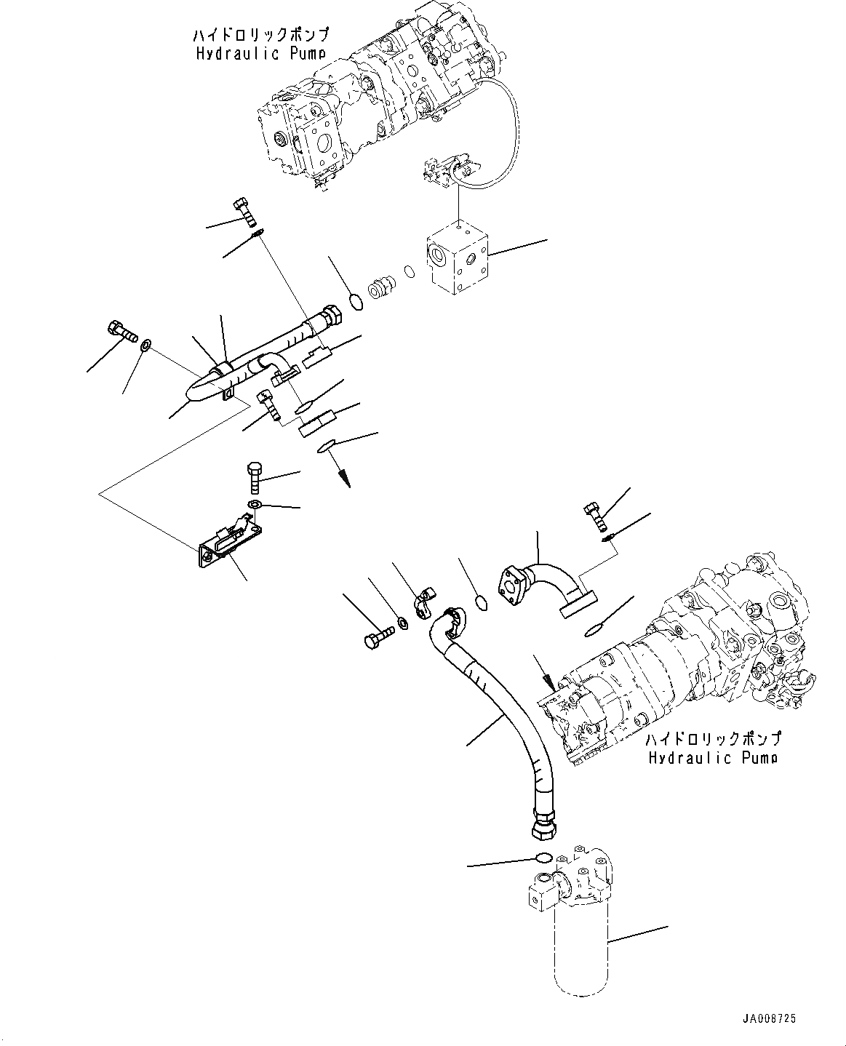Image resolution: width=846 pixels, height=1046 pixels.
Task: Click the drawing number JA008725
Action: [770, 1020]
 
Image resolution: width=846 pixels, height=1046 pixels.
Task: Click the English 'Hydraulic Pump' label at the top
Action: [260, 53]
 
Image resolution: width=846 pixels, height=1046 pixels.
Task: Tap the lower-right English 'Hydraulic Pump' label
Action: [713, 757]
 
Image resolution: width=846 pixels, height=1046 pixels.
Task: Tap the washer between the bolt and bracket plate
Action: [255, 505]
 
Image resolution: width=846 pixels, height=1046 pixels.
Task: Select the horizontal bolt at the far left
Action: [121, 332]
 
